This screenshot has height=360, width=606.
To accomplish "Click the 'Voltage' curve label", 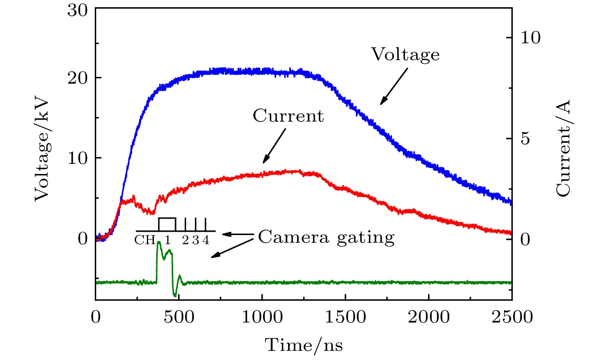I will [405, 54].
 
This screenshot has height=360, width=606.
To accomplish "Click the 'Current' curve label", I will [288, 116].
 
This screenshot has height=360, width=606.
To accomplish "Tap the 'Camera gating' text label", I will [326, 237].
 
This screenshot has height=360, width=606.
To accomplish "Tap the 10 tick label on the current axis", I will [531, 38].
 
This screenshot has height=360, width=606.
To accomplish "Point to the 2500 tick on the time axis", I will [511, 318].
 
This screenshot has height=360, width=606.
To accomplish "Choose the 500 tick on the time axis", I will [179, 318].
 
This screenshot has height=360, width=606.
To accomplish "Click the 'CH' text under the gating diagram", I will [145, 240].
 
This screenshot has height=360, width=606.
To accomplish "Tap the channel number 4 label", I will [205, 240].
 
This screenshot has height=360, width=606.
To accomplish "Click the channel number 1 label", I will [167, 240].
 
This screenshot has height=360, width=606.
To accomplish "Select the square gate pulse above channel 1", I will [167, 224].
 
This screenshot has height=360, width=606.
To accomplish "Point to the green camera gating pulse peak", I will [159, 243].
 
